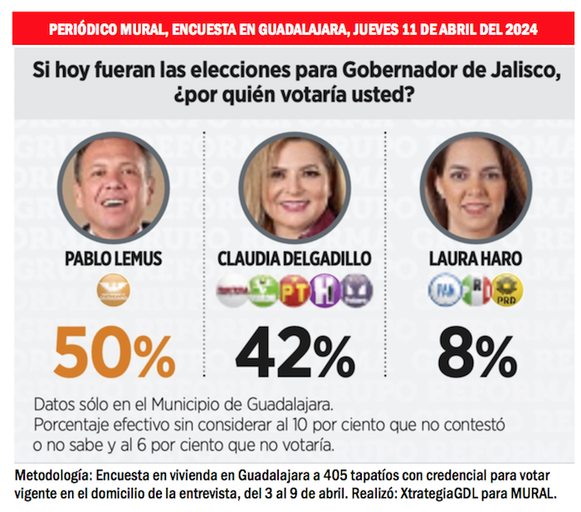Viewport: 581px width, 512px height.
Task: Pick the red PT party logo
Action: point(294,291)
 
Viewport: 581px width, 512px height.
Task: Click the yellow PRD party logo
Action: point(506,290)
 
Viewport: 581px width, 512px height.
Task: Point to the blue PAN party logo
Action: point(444,290)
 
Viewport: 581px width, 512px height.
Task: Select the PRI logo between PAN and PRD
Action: point(476,290)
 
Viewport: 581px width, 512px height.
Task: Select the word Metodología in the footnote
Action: point(53,475)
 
